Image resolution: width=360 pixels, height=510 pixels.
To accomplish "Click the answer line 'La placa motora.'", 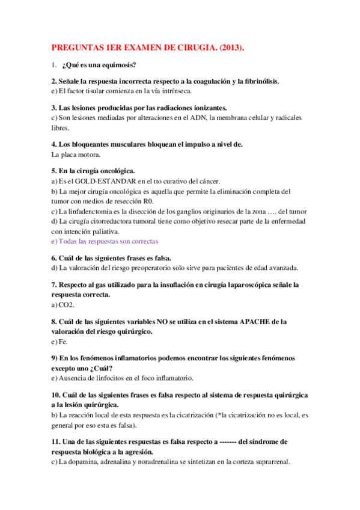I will (x=76, y=154).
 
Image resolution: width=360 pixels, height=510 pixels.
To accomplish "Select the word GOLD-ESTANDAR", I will (x=105, y=181).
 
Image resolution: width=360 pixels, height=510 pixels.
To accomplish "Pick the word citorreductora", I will (x=115, y=221).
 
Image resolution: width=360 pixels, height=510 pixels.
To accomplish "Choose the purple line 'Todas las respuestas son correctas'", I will (x=105, y=241).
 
